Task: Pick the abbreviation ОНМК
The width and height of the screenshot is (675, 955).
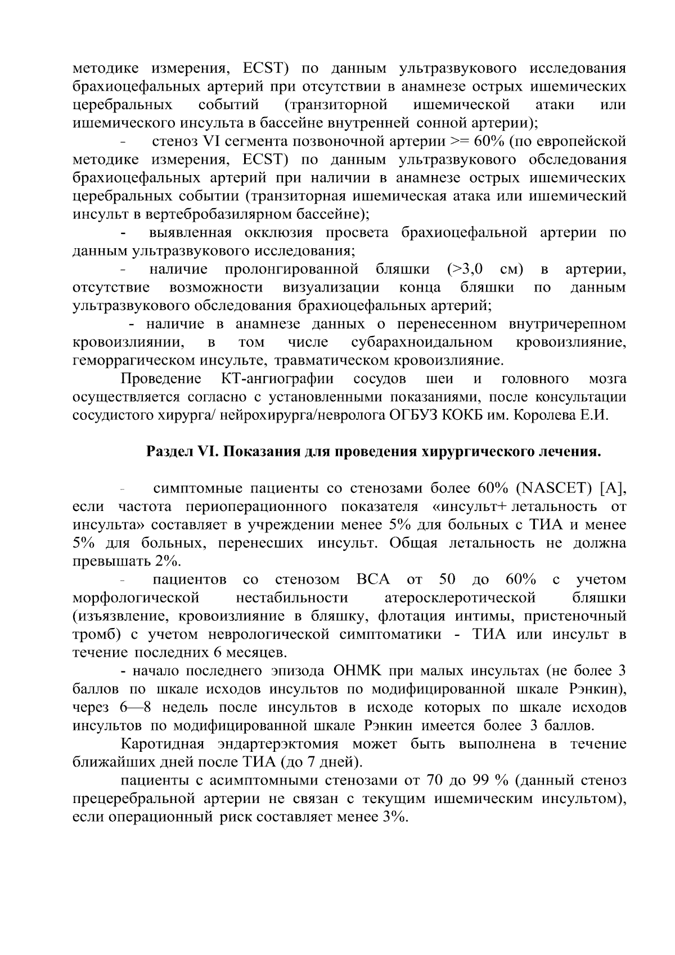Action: pyautogui.click(x=358, y=671)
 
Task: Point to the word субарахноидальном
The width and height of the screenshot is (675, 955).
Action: pyautogui.click(x=422, y=342)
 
